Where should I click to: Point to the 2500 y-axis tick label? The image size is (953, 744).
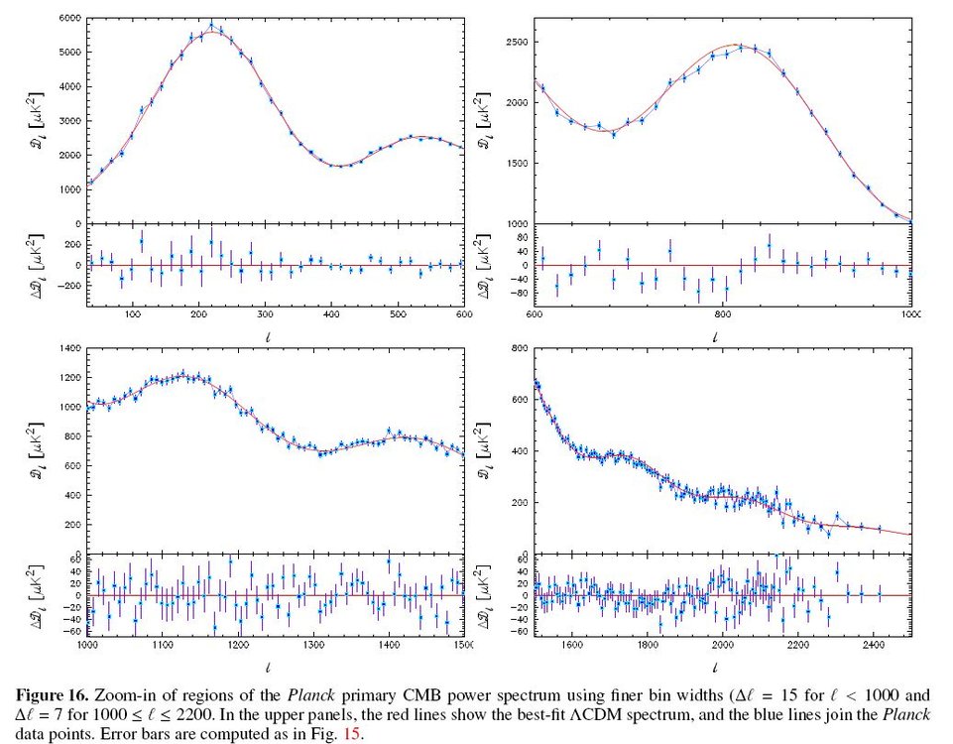(516, 43)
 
